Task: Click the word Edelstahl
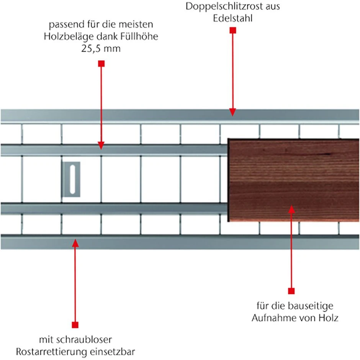coord(232,18)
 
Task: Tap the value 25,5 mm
coord(101,49)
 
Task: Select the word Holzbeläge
coord(69,36)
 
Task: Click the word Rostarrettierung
coord(52,352)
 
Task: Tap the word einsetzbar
coord(112,352)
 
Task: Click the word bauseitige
coord(311,306)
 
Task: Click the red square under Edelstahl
coord(233,30)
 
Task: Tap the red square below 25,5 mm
coord(101,64)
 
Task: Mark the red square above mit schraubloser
coord(75,325)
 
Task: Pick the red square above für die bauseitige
coord(291,291)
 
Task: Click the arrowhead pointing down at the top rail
coord(232,112)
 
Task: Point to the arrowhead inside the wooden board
coord(291,209)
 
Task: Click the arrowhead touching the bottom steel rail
coord(75,243)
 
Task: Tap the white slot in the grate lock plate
coord(72,179)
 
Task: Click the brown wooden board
coord(294,180)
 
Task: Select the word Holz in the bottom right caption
coord(328,318)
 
